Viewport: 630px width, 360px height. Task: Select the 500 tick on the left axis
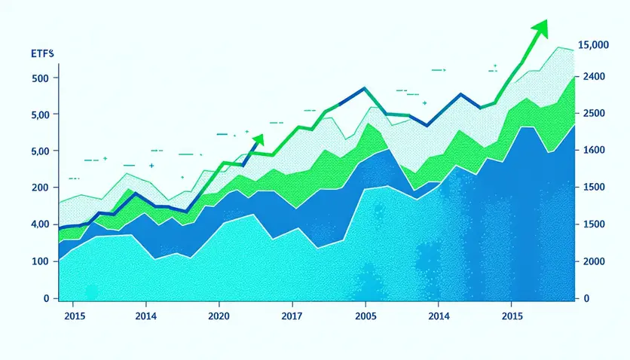pos(40,78)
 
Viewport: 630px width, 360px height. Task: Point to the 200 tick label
pos(40,188)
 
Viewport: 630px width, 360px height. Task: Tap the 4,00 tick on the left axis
pos(39,224)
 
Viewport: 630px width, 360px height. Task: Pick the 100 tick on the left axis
pos(40,261)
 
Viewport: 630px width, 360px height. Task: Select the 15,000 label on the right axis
pos(592,46)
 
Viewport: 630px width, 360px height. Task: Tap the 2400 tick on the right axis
pos(589,77)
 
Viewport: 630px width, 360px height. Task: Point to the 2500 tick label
pos(589,114)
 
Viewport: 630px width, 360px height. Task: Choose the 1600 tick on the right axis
pos(589,151)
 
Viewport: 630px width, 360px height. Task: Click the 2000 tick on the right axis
pos(589,261)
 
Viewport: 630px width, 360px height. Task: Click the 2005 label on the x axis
pos(365,316)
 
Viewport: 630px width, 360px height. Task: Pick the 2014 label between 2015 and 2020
pos(145,316)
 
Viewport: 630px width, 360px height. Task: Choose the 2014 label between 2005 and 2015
pos(439,316)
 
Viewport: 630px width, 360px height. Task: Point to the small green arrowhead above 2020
pos(258,138)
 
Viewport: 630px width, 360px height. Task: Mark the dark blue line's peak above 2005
pos(364,88)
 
